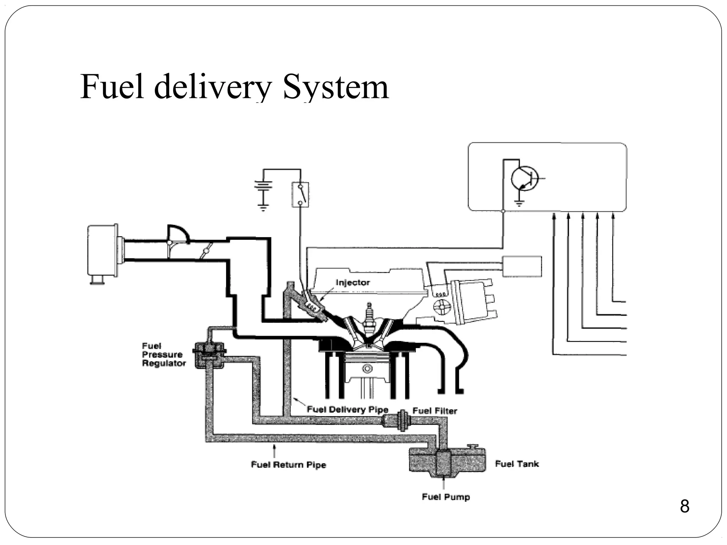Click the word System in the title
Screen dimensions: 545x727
[x=335, y=87]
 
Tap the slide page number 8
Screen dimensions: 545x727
[x=684, y=506]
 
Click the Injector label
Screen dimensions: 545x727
[x=352, y=282]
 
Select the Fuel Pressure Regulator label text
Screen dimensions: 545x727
[x=163, y=354]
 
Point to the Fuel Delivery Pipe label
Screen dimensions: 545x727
[x=347, y=409]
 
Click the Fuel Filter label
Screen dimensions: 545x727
[x=434, y=411]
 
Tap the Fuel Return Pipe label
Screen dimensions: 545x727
[x=288, y=464]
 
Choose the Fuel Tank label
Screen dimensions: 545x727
[x=517, y=464]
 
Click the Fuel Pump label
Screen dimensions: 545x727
[x=446, y=497]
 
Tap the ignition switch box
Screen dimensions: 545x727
[x=300, y=194]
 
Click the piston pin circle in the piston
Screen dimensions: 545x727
[x=367, y=369]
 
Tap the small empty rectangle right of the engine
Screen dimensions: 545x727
[x=522, y=266]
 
